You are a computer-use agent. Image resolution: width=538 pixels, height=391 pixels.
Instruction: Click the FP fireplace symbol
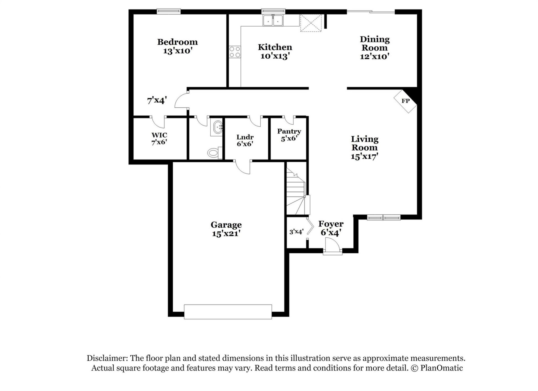(x=405, y=101)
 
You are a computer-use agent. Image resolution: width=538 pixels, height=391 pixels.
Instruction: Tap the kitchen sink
(x=273, y=20)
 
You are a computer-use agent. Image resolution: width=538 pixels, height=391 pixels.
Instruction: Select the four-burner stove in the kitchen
(x=235, y=52)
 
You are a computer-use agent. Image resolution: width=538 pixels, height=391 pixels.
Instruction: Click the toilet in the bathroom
(x=214, y=153)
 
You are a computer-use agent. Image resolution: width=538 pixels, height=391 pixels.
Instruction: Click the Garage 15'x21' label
(x=226, y=229)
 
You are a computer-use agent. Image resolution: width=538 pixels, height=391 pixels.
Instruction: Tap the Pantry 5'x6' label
(x=289, y=135)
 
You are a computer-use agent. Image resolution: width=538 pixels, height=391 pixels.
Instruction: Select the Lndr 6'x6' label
(x=245, y=140)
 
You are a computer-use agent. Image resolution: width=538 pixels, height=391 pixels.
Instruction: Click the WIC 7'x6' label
(x=159, y=139)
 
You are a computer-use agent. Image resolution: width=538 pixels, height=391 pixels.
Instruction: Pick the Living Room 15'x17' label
(x=364, y=147)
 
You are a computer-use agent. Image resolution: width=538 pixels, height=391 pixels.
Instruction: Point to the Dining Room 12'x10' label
(x=374, y=48)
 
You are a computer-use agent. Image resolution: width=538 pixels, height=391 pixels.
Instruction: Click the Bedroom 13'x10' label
(x=177, y=46)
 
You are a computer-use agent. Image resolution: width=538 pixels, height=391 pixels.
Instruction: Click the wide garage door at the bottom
(x=228, y=312)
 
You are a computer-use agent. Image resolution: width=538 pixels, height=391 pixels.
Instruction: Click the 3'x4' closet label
(x=296, y=232)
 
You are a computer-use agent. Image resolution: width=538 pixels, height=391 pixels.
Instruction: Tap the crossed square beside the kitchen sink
(x=310, y=23)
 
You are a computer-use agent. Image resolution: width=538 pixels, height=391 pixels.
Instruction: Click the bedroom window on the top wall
(x=168, y=11)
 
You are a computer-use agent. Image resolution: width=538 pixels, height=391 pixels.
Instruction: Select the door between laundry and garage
(x=243, y=167)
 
